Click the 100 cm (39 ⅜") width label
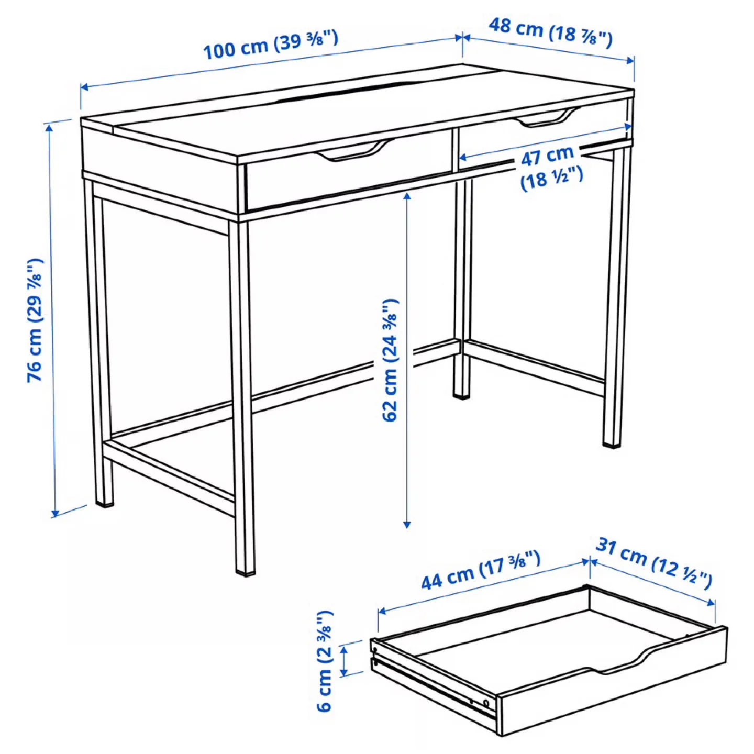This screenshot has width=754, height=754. (270, 45)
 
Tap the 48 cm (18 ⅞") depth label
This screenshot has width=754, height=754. (550, 31)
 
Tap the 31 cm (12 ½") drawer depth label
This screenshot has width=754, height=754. (654, 563)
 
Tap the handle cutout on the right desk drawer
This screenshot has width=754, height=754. (547, 118)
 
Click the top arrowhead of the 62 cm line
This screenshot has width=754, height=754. (407, 196)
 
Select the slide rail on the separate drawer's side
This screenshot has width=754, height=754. (435, 681)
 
